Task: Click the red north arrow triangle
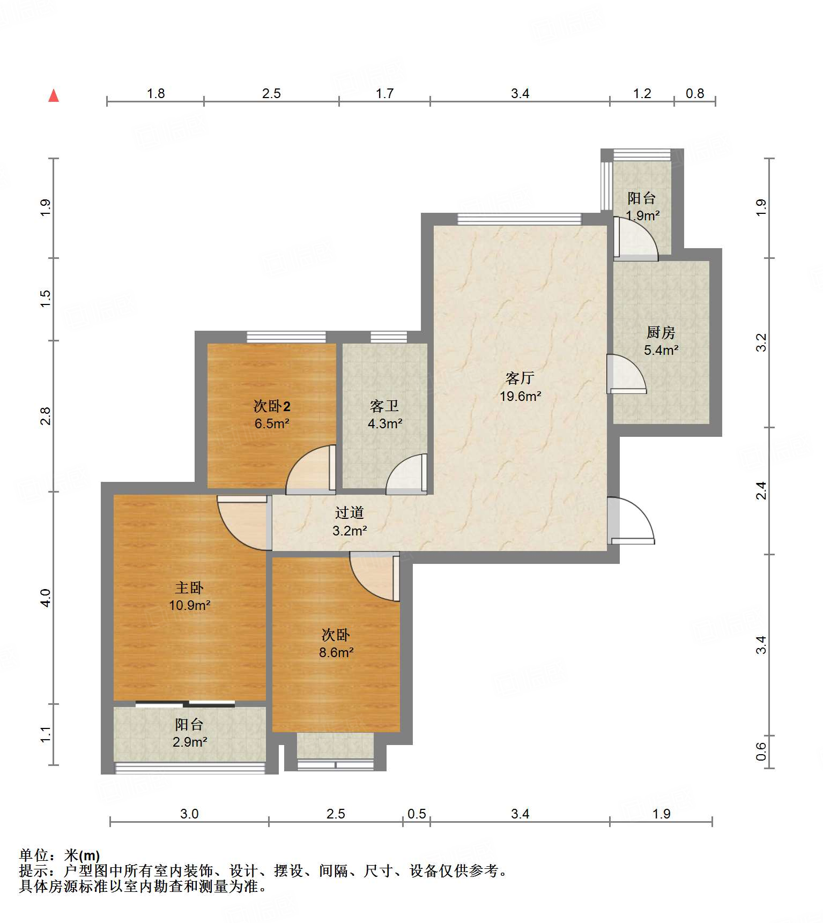[54, 95]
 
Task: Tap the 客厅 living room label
[520, 378]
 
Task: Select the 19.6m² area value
[520, 397]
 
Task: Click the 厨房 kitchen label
[661, 333]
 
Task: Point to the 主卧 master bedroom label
[189, 588]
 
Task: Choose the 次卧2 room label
[272, 406]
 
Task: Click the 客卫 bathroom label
[384, 406]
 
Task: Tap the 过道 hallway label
[350, 513]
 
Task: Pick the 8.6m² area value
[336, 653]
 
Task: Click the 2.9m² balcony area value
[190, 742]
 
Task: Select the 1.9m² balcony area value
[642, 216]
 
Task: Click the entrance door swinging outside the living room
[631, 520]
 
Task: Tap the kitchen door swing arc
[627, 374]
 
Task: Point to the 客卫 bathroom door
[407, 474]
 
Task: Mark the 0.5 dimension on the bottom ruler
[417, 814]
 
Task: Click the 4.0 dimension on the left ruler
[46, 598]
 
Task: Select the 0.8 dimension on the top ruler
[695, 94]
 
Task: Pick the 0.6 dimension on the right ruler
[761, 751]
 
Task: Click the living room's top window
[520, 219]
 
